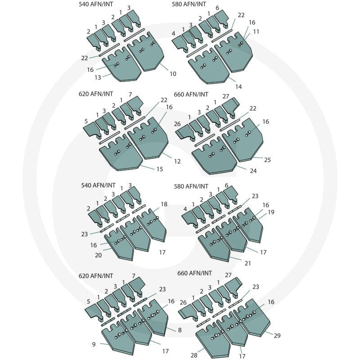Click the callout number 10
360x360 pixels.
click(173, 74)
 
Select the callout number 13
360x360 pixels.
click(98, 77)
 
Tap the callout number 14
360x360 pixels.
click(238, 86)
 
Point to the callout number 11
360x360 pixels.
click(256, 31)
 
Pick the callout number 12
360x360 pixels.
click(177, 161)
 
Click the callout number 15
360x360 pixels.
click(160, 169)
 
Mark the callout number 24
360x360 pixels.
click(253, 171)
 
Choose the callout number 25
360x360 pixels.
click(267, 160)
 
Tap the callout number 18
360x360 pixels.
click(164, 204)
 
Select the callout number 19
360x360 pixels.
click(271, 212)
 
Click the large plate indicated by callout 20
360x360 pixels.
click(119, 246)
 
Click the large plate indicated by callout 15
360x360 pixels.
click(121, 154)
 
